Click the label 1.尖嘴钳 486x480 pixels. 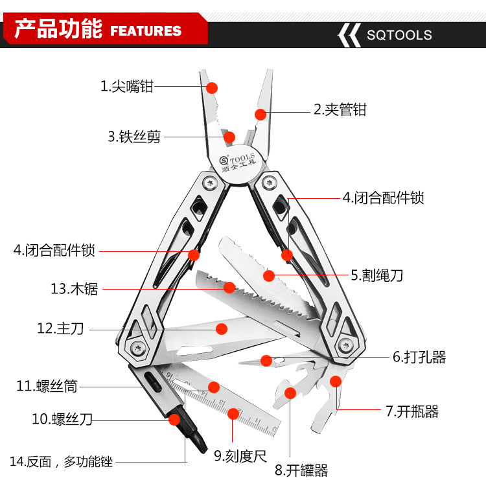coord(127,86)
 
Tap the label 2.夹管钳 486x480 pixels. coord(340,110)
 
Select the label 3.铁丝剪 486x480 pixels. coord(134,137)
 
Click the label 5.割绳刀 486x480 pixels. coord(377,275)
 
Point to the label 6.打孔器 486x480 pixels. coord(419,357)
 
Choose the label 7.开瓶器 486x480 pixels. coord(412,411)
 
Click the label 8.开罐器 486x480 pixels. coord(301,470)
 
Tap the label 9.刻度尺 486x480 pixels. coord(240,455)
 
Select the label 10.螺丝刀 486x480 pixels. coord(62,419)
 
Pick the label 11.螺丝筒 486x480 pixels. coord(47,387)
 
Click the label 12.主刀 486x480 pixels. coord(61,329)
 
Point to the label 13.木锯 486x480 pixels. coord(75,289)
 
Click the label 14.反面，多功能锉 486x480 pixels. coord(61,462)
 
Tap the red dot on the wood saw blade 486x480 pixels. coord(229,287)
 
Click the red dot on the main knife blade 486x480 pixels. coord(222,328)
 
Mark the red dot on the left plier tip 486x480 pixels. coord(212,87)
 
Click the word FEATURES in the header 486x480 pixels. coord(146,31)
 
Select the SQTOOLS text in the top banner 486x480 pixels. coord(399,35)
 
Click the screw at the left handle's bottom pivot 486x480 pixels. coord(139,349)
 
